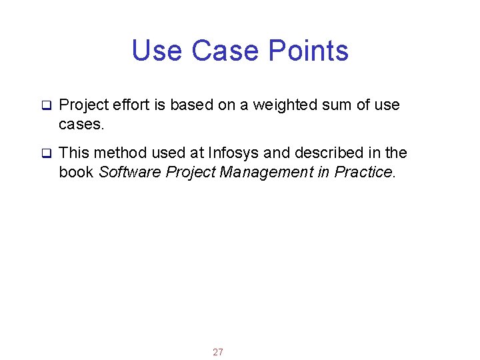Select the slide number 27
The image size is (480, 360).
(x=218, y=352)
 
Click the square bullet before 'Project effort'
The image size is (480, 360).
(x=47, y=105)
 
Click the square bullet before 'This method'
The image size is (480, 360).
(x=47, y=154)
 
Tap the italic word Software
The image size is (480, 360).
(x=129, y=172)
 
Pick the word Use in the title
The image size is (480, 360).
(x=157, y=51)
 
